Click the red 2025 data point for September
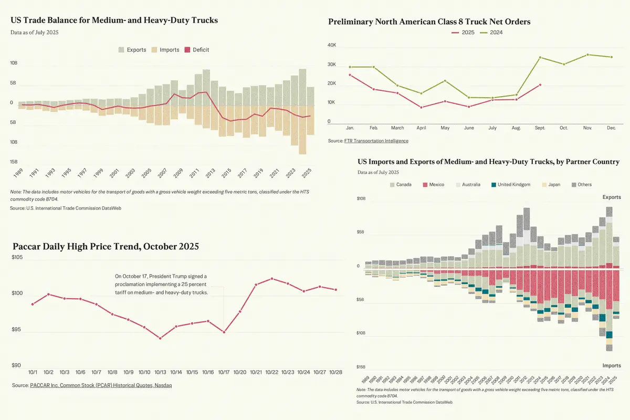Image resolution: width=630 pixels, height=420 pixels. pos(540,85)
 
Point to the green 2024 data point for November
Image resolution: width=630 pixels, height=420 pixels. pos(587,55)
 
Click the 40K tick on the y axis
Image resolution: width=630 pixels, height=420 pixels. pos(332,45)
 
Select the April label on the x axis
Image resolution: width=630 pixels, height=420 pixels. pos(422,128)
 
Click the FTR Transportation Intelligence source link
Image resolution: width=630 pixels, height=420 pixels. pos(376,141)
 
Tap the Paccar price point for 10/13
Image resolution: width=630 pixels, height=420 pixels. pos(160,339)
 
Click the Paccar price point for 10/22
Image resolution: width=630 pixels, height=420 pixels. pos(272,279)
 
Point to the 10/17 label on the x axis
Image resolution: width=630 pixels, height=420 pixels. pos(224,372)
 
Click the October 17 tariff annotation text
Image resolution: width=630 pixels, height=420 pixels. pos(161,284)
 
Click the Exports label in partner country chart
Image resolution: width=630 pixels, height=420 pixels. pos(611,197)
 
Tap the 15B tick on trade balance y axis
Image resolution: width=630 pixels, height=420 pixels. pos(14,162)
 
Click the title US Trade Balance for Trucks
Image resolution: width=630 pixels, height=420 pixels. pos(114,20)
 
